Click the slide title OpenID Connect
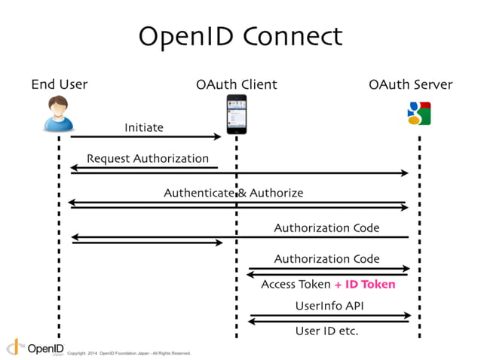pos(240,35)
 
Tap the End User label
pos(60,84)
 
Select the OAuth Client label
pos(236,84)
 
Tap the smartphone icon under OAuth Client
pos(237,114)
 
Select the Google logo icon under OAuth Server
pos(418,113)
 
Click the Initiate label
pos(143,127)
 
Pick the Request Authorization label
pos(148,158)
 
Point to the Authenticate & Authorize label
pos(234,193)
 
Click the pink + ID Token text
pos(365,285)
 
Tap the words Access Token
pos(296,285)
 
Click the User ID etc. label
pos(326,331)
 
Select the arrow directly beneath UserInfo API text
pos(330,316)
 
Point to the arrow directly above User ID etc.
pos(329,322)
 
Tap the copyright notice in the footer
pos(129,352)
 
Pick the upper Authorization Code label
pos(326,227)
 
